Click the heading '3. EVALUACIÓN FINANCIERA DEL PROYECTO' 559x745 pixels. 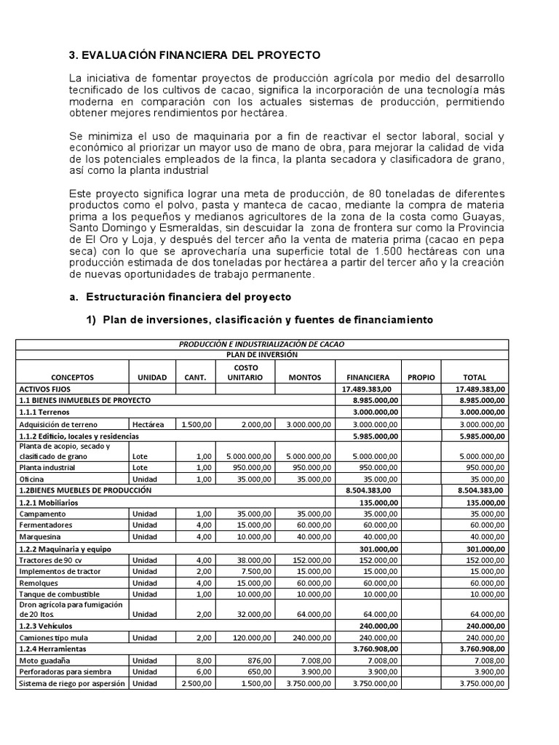(194, 55)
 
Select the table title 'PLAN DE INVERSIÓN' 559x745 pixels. (261, 354)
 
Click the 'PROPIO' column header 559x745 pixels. (420, 378)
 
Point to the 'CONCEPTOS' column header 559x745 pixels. (73, 378)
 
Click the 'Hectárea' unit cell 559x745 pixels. (148, 424)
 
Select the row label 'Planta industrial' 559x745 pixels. (49, 468)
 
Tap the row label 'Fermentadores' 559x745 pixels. (47, 525)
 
